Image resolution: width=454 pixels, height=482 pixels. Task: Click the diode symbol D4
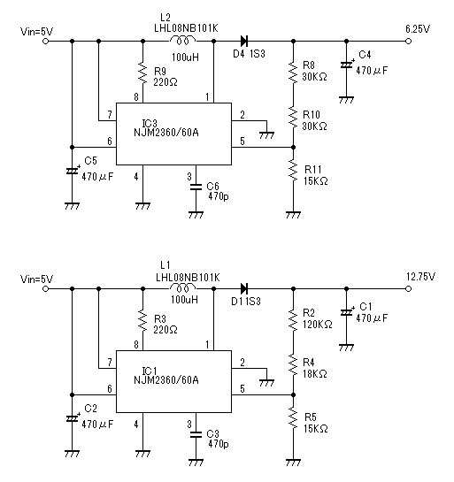(x=244, y=41)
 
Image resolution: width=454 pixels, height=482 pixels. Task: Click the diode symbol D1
(x=244, y=288)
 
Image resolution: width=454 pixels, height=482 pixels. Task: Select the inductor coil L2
(x=182, y=40)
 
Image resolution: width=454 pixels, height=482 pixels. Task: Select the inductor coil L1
(x=182, y=287)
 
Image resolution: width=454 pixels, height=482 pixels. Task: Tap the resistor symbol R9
(x=142, y=73)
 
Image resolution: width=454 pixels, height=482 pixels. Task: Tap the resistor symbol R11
(x=293, y=171)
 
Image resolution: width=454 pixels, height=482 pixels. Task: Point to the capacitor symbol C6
(x=196, y=187)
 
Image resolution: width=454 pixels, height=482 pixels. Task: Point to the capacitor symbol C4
(x=346, y=65)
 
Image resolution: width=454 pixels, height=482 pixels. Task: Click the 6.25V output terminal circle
(x=408, y=41)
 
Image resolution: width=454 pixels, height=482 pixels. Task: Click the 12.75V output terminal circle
(x=408, y=288)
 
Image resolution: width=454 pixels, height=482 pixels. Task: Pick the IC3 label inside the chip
(x=150, y=123)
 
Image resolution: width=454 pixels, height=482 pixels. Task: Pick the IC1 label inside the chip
(x=150, y=371)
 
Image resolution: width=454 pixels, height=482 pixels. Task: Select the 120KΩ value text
(x=318, y=325)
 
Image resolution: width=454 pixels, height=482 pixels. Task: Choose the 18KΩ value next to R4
(x=315, y=374)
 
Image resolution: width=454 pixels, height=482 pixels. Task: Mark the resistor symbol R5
(x=293, y=418)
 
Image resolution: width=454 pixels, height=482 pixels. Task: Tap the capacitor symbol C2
(x=72, y=418)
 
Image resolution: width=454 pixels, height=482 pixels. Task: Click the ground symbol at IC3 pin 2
(x=266, y=135)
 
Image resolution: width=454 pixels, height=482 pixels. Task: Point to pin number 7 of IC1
(x=110, y=363)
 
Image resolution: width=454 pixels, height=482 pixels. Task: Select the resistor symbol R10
(x=293, y=116)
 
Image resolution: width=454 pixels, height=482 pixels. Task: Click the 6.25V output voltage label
(x=418, y=29)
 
